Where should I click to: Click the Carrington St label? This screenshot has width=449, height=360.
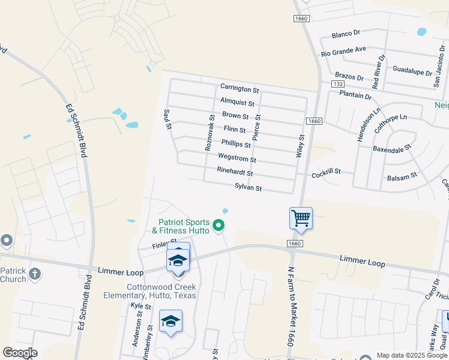click(239, 89)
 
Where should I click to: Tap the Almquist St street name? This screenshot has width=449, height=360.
click(237, 103)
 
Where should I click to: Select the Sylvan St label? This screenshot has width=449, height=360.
click(248, 188)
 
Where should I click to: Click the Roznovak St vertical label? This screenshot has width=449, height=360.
click(209, 132)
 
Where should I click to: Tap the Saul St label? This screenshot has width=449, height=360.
click(169, 119)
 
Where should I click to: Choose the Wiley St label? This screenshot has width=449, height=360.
click(301, 145)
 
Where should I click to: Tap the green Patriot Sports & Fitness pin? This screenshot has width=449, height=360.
click(219, 226)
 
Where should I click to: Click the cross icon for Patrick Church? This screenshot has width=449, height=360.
click(35, 274)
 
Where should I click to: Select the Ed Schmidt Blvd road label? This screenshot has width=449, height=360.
click(79, 132)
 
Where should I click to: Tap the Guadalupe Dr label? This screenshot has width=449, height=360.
click(412, 70)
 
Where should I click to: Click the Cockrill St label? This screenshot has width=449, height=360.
click(326, 172)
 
